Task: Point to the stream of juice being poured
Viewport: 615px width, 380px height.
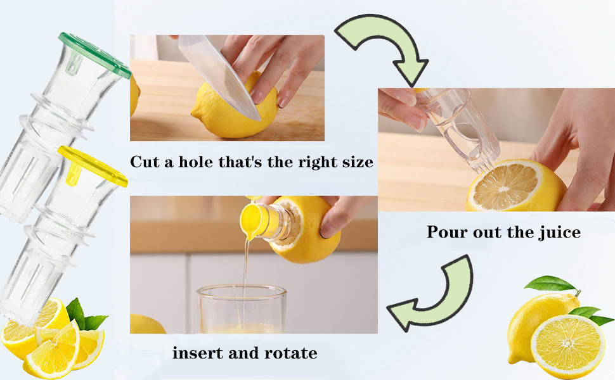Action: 245,266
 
